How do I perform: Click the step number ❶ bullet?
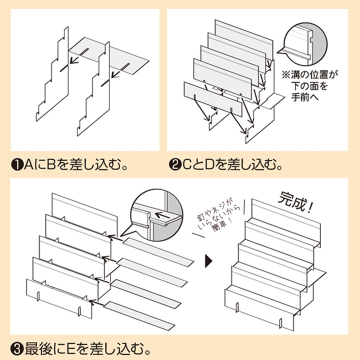point(17,165)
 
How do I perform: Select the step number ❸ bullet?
point(17,349)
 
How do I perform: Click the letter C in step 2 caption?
point(187,165)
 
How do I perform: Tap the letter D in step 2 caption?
point(209,165)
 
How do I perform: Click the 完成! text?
point(295,202)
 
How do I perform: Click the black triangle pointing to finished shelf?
point(208,261)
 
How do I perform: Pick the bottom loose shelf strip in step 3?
point(139,316)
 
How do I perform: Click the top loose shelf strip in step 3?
point(158,252)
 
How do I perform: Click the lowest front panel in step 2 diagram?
point(213,99)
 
